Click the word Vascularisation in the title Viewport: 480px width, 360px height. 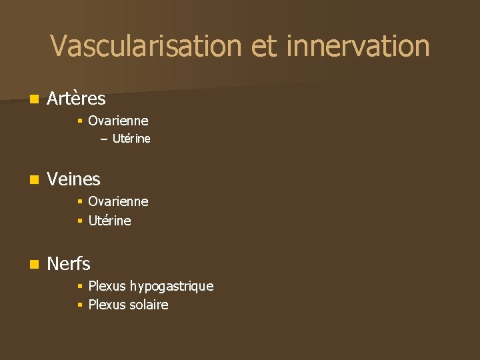pos(145,46)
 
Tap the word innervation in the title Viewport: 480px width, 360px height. pos(357,46)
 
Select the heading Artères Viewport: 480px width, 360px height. pos(76,99)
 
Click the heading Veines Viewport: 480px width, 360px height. pos(73,179)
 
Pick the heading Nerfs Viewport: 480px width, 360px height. pos(69,264)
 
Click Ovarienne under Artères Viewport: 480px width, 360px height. pos(118,121)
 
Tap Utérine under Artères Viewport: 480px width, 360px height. pos(131,139)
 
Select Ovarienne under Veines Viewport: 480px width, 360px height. pos(118,201)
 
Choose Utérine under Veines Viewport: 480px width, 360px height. pos(109,220)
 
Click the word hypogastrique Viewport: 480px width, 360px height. pos(171,286)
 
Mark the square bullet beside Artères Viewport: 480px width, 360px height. pos(34,99)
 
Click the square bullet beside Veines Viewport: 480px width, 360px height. pos(34,179)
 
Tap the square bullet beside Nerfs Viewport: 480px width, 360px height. pos(34,265)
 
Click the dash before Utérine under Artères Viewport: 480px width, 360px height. pos(103,139)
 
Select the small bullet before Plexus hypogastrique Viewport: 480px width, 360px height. pos(79,286)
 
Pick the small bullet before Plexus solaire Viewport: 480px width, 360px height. pos(79,305)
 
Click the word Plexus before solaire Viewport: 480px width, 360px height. pos(107,305)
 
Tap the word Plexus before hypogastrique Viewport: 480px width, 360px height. pos(107,286)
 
